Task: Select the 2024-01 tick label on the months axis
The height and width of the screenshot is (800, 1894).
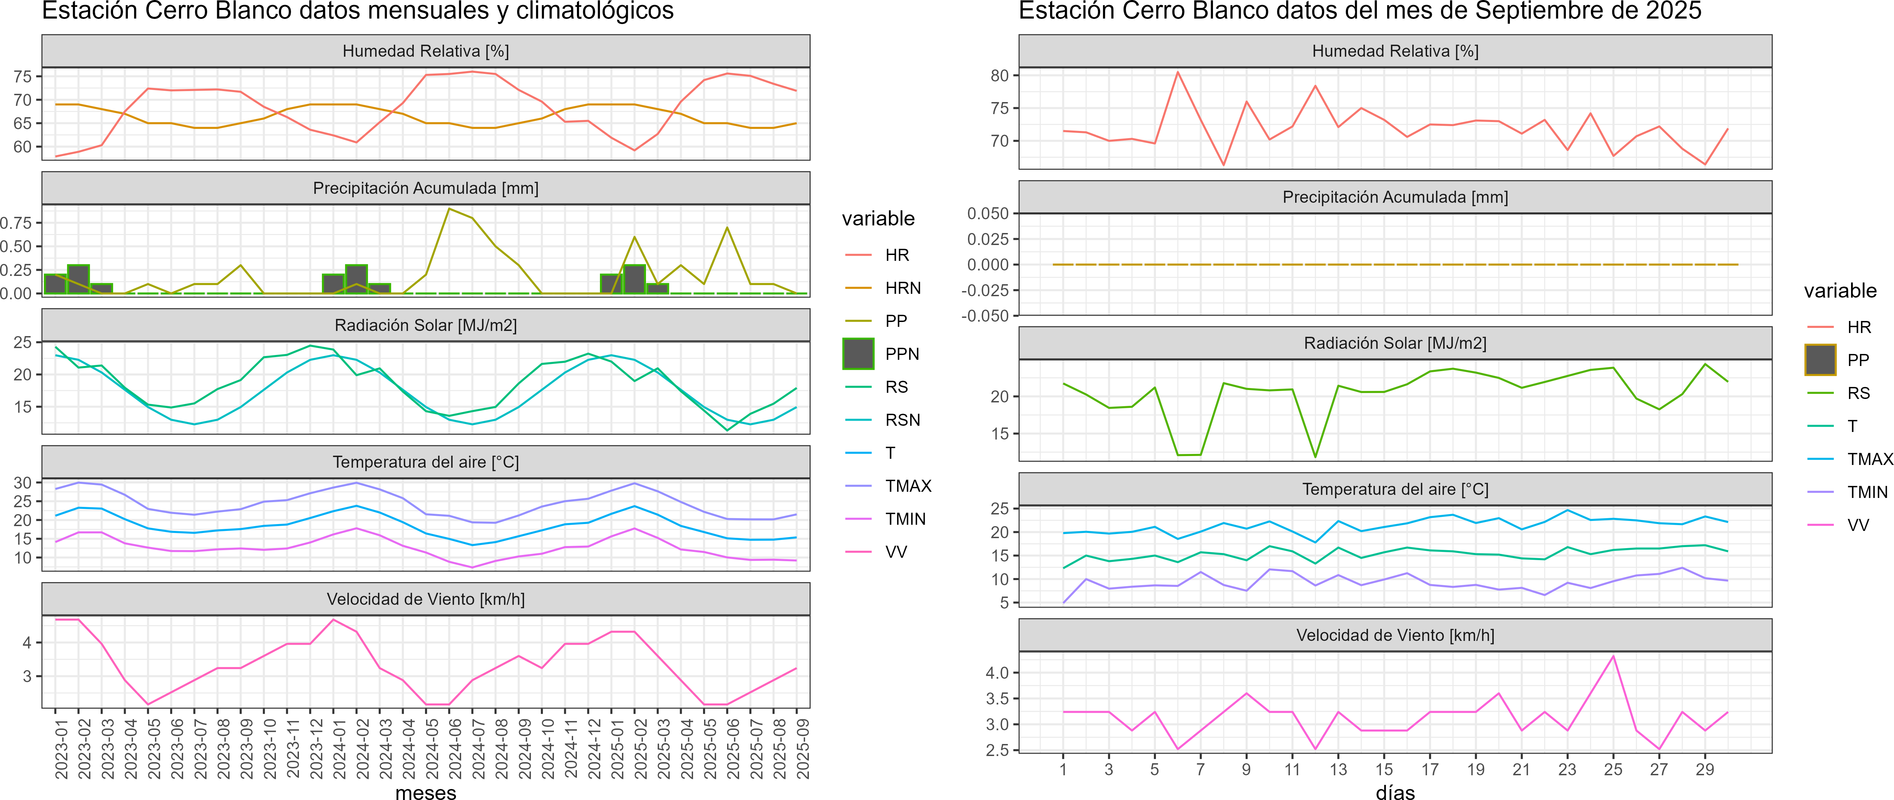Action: (338, 748)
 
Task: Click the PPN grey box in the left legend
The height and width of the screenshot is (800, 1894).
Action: (858, 354)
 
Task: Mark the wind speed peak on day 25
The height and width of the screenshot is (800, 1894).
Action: (1613, 656)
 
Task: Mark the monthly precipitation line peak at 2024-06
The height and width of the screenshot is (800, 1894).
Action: (449, 209)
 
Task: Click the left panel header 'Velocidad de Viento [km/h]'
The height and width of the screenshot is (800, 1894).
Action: (426, 599)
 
